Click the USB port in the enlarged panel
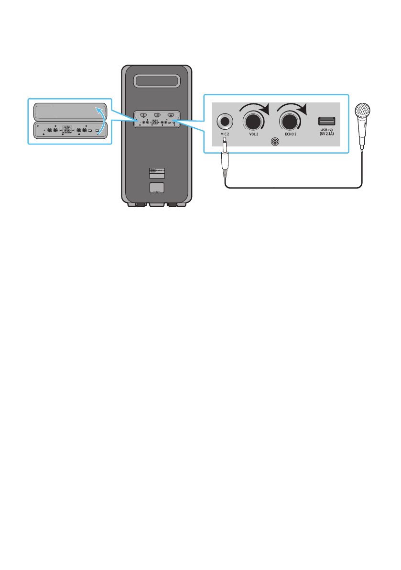pos(327,121)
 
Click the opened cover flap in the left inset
pos(67,112)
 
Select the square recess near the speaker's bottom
pos(157,188)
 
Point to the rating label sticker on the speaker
pos(157,173)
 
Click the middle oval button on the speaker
pos(157,114)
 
